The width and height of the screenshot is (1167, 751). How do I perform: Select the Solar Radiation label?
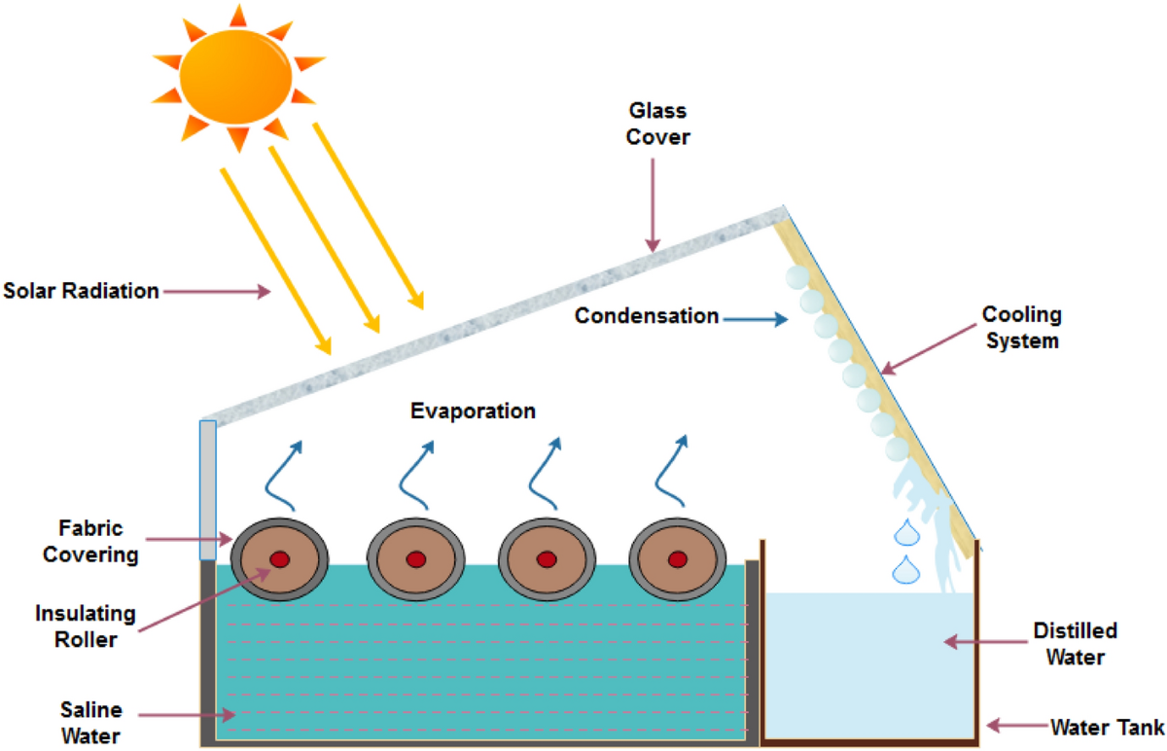[x=81, y=290]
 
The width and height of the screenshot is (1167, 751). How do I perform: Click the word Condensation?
[x=646, y=316]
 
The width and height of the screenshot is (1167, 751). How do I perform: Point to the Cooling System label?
[x=1021, y=328]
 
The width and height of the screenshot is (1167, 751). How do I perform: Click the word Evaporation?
[x=473, y=411]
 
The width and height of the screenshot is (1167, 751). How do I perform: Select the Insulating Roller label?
[x=86, y=626]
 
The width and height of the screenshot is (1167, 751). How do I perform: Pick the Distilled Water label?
[x=1075, y=644]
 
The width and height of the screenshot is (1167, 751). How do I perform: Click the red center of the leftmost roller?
[x=280, y=559]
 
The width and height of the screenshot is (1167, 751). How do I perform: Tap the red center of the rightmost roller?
[x=678, y=559]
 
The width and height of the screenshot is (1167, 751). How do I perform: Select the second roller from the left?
[x=415, y=559]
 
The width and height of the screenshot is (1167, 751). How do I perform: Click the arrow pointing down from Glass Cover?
[x=653, y=203]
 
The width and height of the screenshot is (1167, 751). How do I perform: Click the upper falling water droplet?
[x=906, y=533]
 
